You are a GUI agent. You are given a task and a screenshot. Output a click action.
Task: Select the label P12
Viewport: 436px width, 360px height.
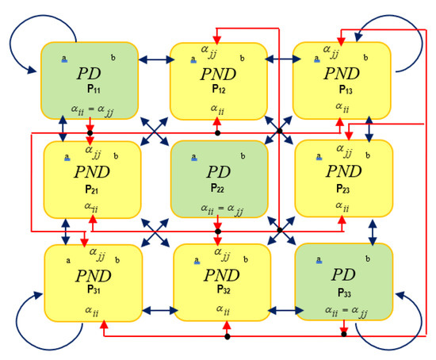pos(218,89)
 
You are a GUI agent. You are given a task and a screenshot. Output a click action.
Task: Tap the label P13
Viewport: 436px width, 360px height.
pos(342,89)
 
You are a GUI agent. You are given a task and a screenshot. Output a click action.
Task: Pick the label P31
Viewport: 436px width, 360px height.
pos(93,290)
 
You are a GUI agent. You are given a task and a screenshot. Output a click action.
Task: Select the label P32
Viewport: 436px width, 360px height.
pos(221,290)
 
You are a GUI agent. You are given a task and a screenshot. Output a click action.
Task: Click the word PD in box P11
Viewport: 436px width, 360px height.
pos(89,74)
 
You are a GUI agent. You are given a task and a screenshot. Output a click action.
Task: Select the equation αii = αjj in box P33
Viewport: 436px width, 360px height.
pos(343,309)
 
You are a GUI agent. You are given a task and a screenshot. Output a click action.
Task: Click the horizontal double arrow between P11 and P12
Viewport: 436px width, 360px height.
pos(155,59)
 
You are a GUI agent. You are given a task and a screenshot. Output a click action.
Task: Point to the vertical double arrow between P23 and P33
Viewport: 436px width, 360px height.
pos(369,230)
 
